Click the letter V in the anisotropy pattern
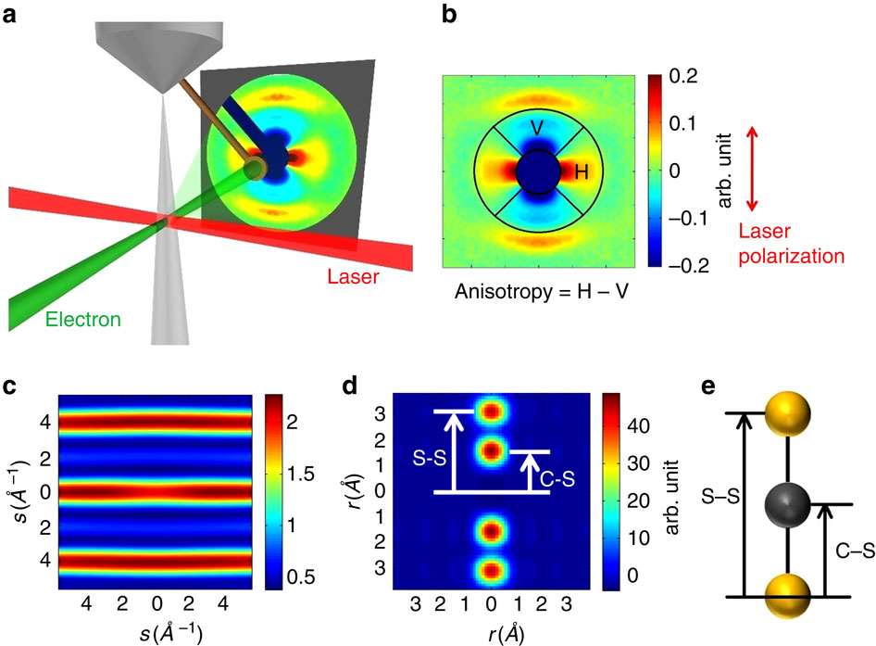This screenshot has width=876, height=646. click(539, 127)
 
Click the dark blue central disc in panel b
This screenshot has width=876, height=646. click(538, 172)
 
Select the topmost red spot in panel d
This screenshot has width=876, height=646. click(492, 411)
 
